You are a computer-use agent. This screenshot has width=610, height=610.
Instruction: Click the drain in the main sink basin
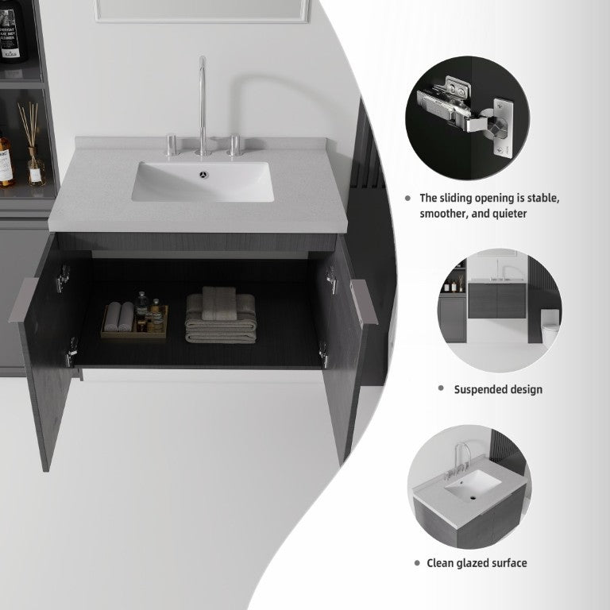point(203,175)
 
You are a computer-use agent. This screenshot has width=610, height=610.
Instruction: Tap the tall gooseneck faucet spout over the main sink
point(202,106)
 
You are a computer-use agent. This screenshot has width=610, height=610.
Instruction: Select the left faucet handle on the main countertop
point(172,145)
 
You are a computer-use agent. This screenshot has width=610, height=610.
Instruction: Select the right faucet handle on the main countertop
point(235,145)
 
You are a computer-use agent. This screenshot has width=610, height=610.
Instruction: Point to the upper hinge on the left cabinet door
point(63,279)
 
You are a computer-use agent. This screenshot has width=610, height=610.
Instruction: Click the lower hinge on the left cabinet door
point(71,353)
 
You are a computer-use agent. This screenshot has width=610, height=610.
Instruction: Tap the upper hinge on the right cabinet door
point(331,280)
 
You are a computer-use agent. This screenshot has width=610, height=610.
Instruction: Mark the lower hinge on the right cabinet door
point(323,354)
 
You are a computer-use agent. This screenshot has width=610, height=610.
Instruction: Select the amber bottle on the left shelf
point(6,160)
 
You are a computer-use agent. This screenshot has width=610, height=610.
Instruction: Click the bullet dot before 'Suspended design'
point(441,388)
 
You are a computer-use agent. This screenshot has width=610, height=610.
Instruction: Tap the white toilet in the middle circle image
point(550,326)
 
